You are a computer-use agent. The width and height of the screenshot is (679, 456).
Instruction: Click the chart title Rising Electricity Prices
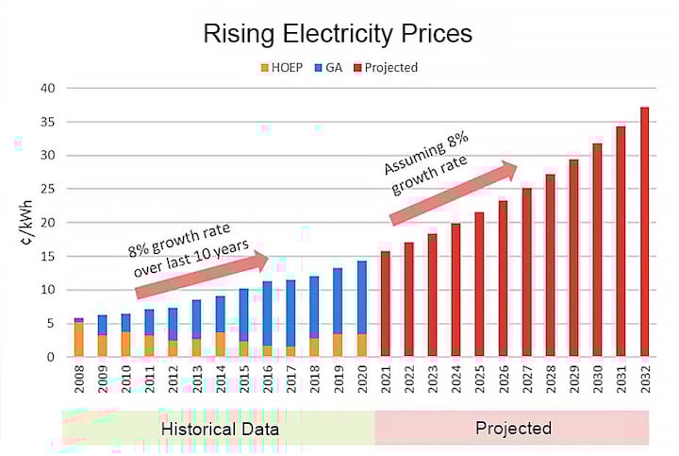(339, 35)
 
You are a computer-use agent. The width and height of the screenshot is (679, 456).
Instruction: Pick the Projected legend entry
(387, 67)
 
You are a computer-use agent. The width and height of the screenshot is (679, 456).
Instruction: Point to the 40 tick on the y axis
(46, 88)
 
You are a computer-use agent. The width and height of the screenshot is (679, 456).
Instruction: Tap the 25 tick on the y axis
(46, 189)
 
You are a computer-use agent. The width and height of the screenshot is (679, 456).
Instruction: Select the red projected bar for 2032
(645, 231)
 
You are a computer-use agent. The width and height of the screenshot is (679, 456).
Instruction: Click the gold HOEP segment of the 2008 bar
(78, 340)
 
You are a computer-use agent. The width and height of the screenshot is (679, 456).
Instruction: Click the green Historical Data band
(218, 428)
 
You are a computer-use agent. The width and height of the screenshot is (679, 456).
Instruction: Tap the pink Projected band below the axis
(512, 428)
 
